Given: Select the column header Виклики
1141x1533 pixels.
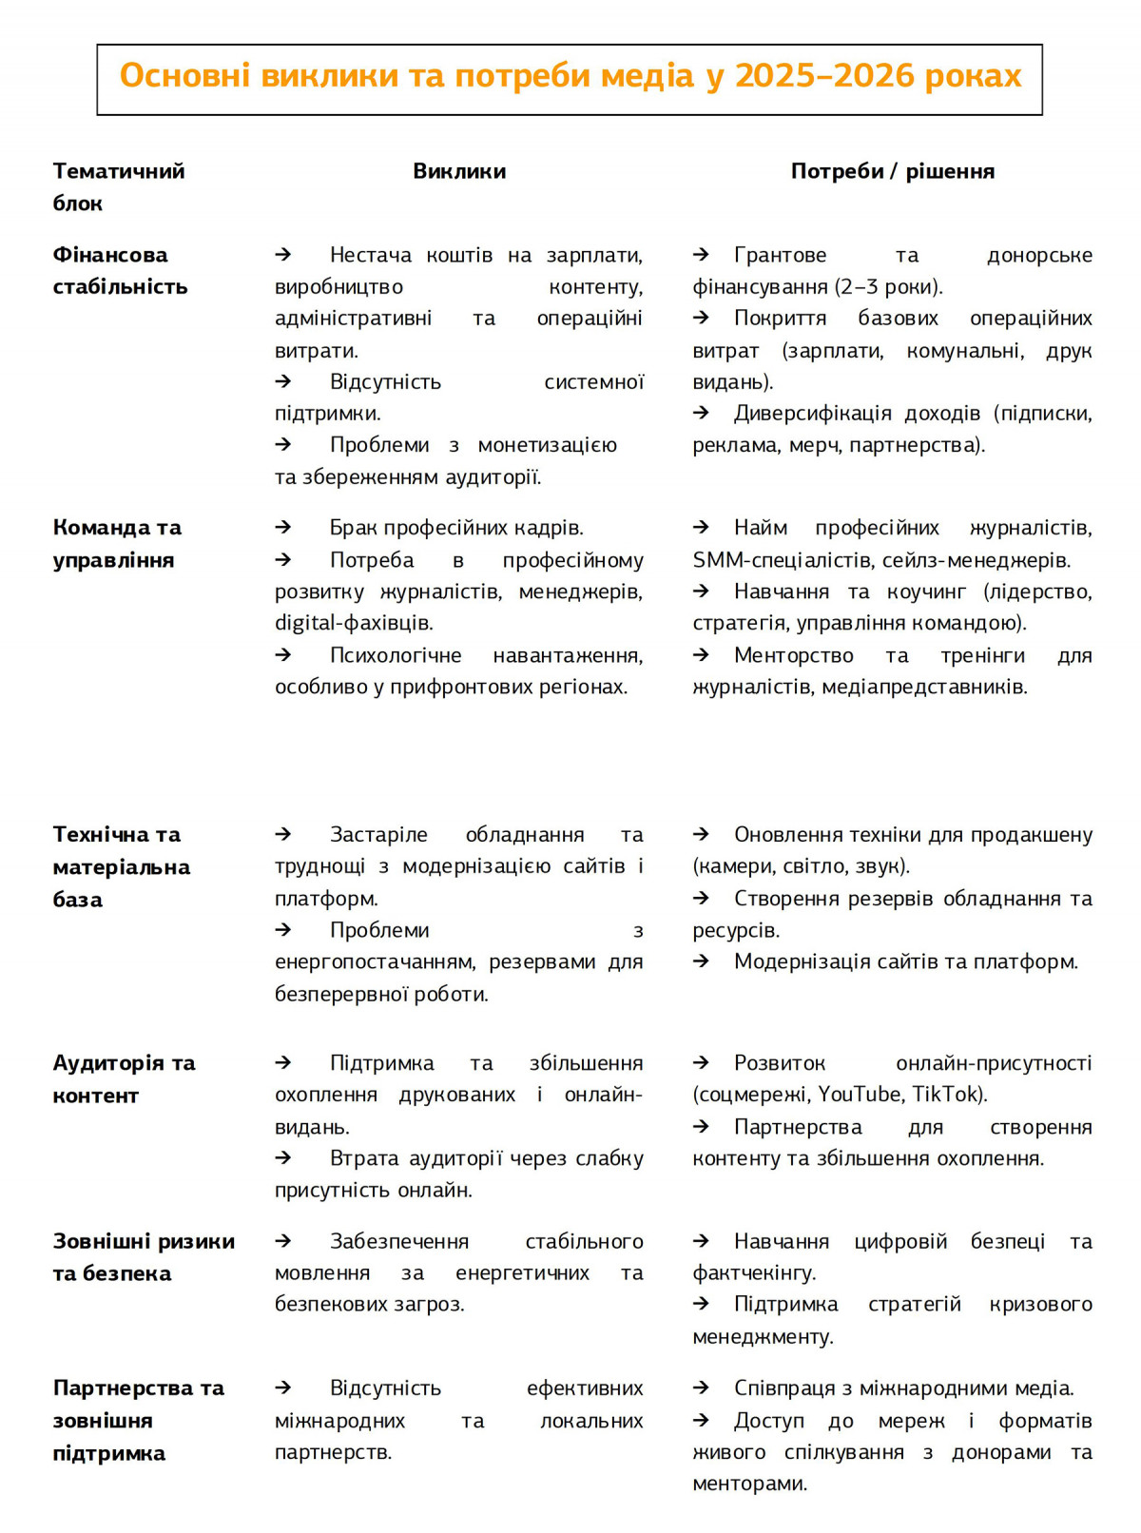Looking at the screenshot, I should pyautogui.click(x=459, y=172).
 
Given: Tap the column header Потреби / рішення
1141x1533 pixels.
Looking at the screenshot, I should pyautogui.click(x=892, y=172).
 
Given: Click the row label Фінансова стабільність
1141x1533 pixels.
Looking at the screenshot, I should pyautogui.click(x=120, y=271).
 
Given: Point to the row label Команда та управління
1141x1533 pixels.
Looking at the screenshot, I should pyautogui.click(x=117, y=544).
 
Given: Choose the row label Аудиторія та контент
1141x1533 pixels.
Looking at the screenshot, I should pyautogui.click(x=124, y=1079).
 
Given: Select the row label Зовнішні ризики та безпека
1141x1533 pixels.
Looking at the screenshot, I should pyautogui.click(x=144, y=1257).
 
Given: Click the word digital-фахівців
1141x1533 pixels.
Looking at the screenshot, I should pyautogui.click(x=354, y=623).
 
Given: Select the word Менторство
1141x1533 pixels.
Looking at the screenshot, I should pyautogui.click(x=794, y=655).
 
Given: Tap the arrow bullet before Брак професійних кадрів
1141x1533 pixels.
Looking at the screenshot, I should pyautogui.click(x=283, y=528).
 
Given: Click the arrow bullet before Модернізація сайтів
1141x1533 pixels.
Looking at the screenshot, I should pyautogui.click(x=702, y=961).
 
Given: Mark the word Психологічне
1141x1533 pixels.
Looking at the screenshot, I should pyautogui.click(x=396, y=655).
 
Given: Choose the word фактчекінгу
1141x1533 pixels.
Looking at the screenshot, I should pyautogui.click(x=754, y=1272).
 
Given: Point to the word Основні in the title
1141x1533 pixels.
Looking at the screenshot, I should pyautogui.click(x=184, y=76).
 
